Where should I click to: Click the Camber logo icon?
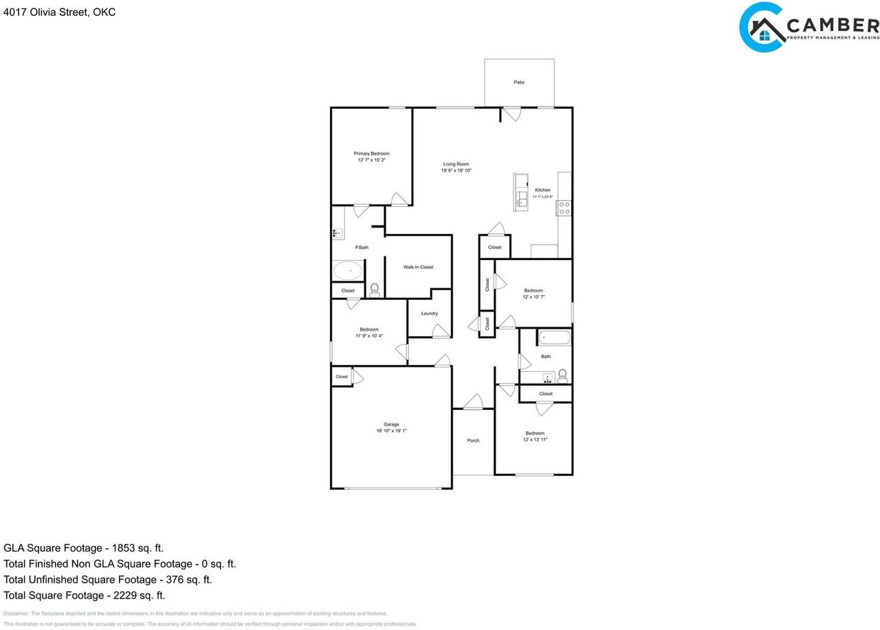tap(762, 28)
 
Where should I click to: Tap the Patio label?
tap(519, 83)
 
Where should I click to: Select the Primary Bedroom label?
tap(371, 153)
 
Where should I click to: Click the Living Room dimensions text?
tap(456, 171)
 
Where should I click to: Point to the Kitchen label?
tap(542, 190)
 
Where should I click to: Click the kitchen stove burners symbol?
tap(564, 208)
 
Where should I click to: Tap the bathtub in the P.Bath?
tap(349, 270)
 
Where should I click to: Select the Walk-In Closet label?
tap(418, 267)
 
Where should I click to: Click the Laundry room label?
tap(430, 314)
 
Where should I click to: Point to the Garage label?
tap(391, 424)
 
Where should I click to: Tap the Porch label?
tap(473, 440)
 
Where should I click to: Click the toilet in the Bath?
tap(562, 375)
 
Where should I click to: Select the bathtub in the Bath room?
tap(554, 338)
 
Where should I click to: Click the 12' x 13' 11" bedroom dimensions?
tap(535, 439)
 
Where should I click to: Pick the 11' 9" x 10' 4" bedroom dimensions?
tap(369, 336)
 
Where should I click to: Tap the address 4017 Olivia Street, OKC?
tap(59, 12)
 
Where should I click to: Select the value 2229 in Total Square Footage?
tap(120, 596)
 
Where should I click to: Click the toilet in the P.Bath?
tap(375, 290)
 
